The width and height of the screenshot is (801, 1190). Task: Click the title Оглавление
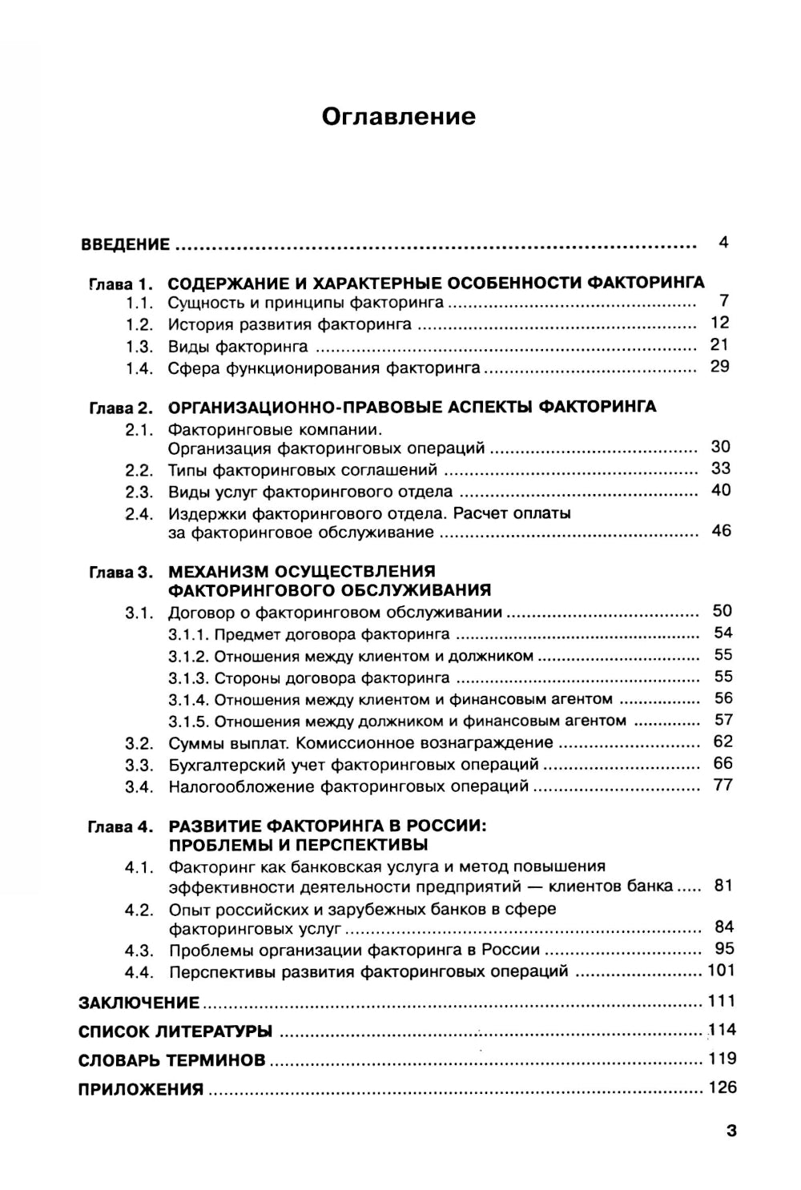pyautogui.click(x=398, y=117)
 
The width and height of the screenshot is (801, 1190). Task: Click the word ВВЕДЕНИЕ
pyautogui.click(x=125, y=244)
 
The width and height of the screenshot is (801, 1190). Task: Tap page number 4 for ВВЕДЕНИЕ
pyautogui.click(x=723, y=242)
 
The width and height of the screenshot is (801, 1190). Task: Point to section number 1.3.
pyautogui.click(x=139, y=347)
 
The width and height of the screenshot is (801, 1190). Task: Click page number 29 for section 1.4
pyautogui.click(x=720, y=367)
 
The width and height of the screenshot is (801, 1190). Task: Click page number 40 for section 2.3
pyautogui.click(x=721, y=490)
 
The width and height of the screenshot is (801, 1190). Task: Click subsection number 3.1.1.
pyautogui.click(x=189, y=635)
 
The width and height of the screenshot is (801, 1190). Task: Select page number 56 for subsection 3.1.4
pyautogui.click(x=723, y=698)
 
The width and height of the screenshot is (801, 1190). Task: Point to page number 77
pyautogui.click(x=723, y=785)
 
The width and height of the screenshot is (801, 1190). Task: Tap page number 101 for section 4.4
pyautogui.click(x=721, y=971)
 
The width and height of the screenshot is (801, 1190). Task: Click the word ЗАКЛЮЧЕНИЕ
pyautogui.click(x=139, y=1003)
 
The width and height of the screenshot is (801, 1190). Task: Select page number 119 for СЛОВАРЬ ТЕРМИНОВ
pyautogui.click(x=722, y=1059)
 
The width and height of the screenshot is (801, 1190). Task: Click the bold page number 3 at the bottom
pyautogui.click(x=731, y=1132)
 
